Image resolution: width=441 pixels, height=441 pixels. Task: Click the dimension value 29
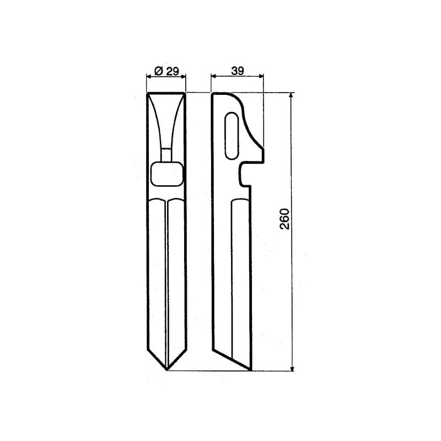pyautogui.click(x=172, y=71)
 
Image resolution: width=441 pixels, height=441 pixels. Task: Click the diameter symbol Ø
pyautogui.click(x=159, y=71)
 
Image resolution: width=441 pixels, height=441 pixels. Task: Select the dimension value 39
pyautogui.click(x=238, y=71)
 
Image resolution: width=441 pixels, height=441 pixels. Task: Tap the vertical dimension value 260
pyautogui.click(x=284, y=219)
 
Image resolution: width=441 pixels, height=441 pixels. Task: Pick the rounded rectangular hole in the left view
pyautogui.click(x=167, y=174)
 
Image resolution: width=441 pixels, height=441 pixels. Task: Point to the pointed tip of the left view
pyautogui.click(x=167, y=370)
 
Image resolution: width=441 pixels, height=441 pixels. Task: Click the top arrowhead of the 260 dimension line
pyautogui.click(x=292, y=95)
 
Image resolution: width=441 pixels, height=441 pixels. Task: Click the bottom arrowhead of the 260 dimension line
pyautogui.click(x=292, y=368)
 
